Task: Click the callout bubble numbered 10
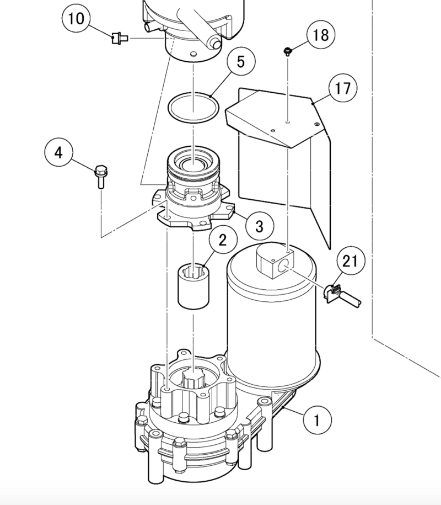[x=77, y=19]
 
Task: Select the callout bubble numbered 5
[x=240, y=61]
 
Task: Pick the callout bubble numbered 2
[x=222, y=240]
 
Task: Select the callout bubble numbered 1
[x=316, y=421]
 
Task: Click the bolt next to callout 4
[x=100, y=175]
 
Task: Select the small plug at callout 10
[x=118, y=38]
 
